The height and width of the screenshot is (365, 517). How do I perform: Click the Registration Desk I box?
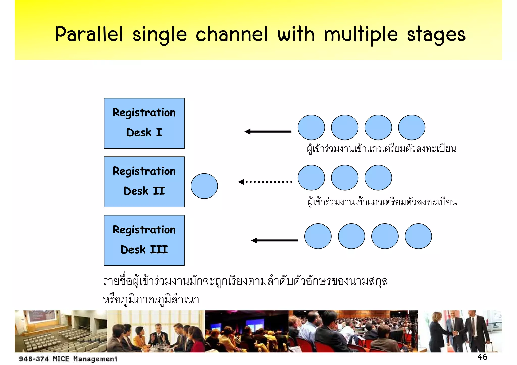point(144,123)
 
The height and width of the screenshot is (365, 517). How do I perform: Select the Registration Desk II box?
point(144,182)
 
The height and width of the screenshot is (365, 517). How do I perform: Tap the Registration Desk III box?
point(144,240)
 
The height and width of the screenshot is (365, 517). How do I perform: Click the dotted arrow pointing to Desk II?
point(265,182)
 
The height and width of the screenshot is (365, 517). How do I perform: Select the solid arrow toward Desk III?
point(274,240)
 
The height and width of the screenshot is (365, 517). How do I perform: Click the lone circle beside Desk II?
point(204,186)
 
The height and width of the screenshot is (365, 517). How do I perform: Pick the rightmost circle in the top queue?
point(411,127)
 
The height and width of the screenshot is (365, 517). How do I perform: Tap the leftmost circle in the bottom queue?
point(318,236)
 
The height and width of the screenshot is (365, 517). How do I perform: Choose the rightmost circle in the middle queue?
point(378,178)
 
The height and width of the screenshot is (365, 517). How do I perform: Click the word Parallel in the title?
point(89,34)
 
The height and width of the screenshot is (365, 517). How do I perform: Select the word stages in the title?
point(436,35)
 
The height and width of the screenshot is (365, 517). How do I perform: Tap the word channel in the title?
point(231,34)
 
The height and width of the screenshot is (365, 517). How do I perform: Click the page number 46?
point(482,357)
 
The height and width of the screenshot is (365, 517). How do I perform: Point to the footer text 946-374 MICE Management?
point(68,359)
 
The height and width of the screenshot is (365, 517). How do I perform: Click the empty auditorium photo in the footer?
point(61,331)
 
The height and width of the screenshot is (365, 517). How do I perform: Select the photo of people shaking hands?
point(460,331)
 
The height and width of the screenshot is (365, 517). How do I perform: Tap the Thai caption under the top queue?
point(381,149)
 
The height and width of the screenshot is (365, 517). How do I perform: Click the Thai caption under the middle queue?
point(382,202)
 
